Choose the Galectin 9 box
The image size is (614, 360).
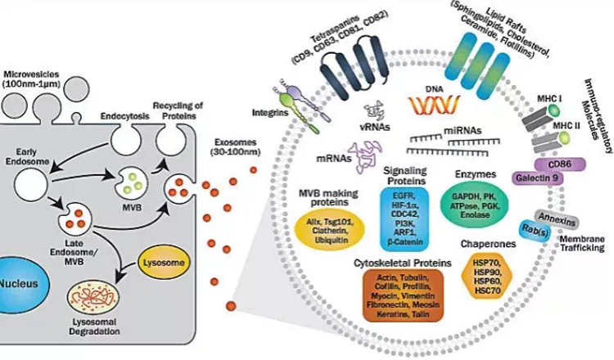click(542, 177)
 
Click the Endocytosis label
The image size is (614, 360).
click(122, 117)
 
